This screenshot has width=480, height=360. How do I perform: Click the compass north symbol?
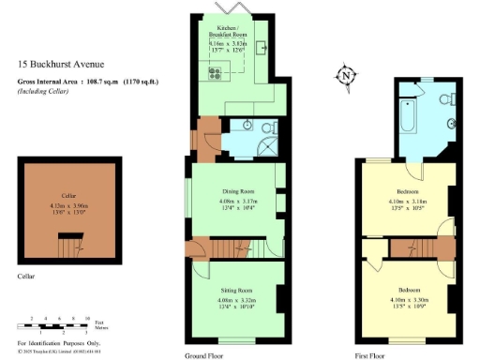click(346, 76)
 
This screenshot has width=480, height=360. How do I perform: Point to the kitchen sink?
click(260, 48)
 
